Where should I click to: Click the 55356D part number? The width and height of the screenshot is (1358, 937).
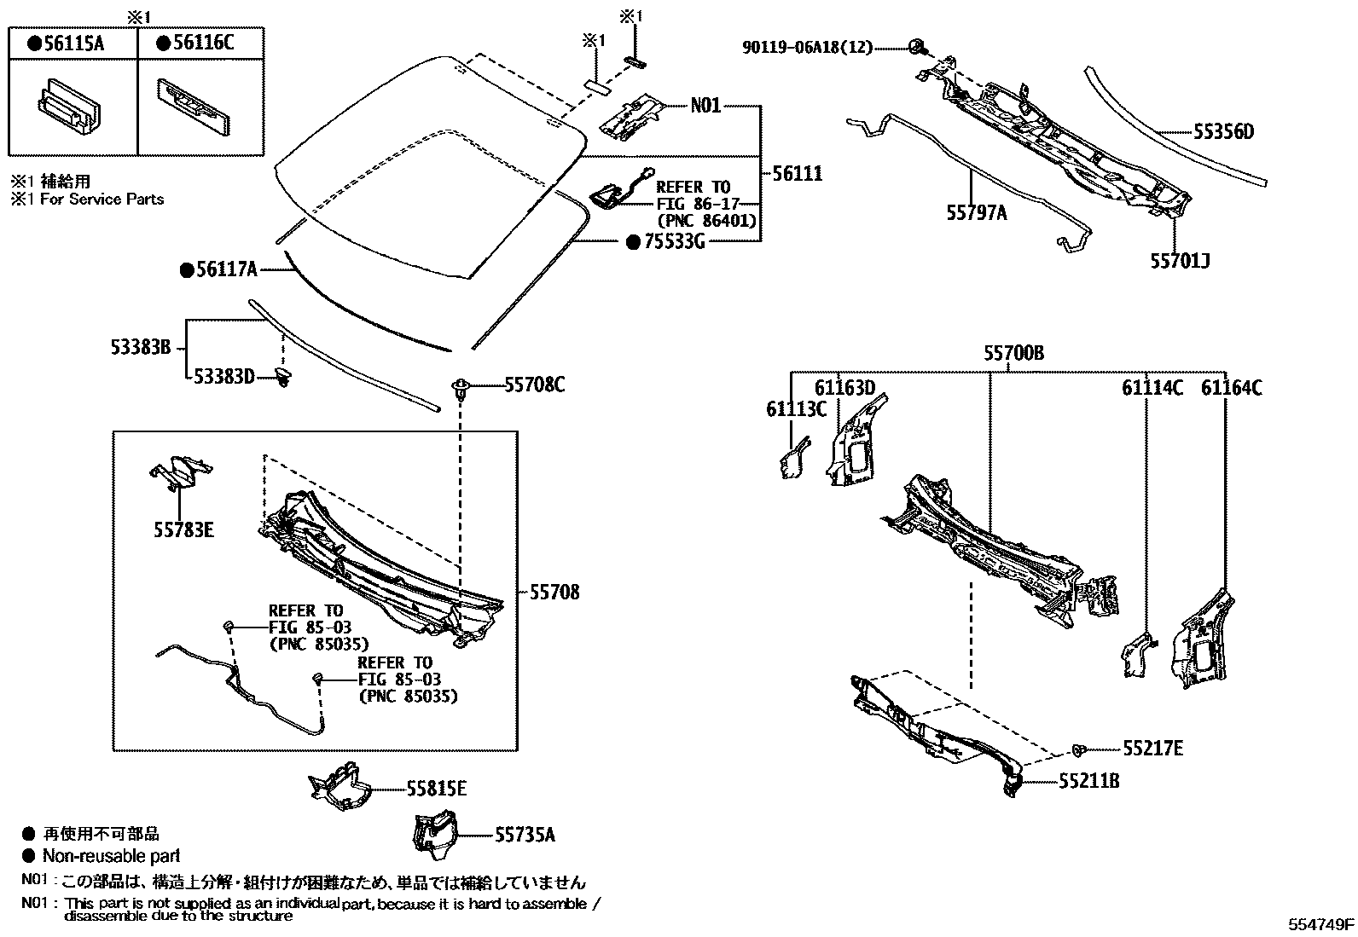1223,132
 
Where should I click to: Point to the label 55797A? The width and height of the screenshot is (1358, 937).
976,213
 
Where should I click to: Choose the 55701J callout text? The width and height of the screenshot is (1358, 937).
1180,260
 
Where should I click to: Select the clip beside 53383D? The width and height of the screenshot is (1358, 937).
285,377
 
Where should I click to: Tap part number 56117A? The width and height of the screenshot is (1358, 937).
226,270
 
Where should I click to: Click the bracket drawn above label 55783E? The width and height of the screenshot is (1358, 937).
181,471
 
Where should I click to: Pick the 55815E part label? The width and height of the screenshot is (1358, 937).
436,789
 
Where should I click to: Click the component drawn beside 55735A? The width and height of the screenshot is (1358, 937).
435,834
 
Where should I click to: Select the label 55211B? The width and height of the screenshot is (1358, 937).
1088,780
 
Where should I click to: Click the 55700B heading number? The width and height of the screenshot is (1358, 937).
1013,353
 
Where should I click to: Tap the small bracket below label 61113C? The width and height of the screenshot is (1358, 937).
793,457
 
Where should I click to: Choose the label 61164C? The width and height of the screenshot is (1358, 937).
1232,388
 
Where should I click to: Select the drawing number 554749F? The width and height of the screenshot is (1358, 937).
1320,923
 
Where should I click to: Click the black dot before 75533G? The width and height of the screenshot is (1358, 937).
633,242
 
